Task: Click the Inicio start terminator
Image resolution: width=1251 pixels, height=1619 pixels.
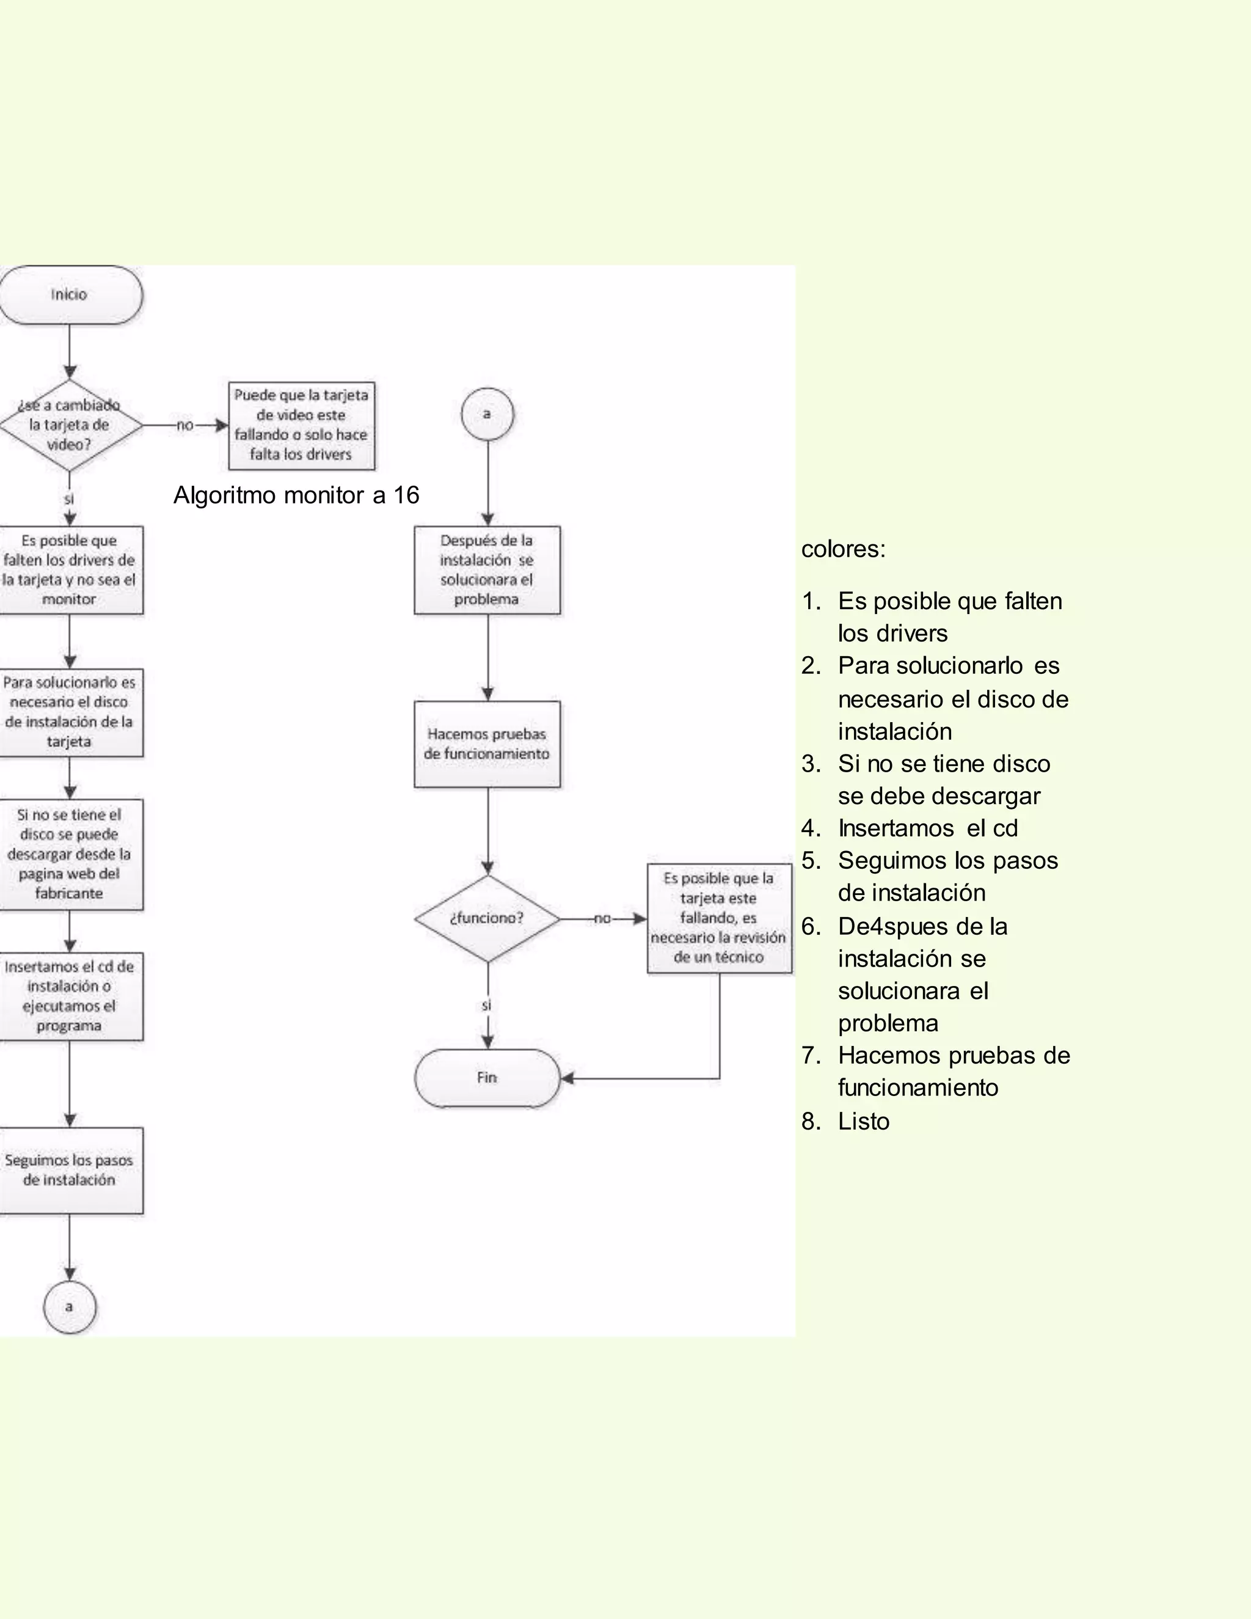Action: (70, 295)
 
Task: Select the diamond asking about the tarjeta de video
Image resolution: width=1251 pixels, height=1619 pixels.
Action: (70, 425)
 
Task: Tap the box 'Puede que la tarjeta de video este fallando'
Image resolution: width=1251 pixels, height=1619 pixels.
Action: (301, 425)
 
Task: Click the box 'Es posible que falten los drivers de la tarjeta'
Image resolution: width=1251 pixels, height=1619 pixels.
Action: (70, 569)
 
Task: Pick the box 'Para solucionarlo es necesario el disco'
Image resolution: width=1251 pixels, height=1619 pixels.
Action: (70, 712)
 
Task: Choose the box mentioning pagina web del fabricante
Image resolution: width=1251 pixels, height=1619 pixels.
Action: (70, 854)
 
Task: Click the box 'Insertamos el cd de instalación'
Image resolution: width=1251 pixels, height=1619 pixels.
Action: (70, 996)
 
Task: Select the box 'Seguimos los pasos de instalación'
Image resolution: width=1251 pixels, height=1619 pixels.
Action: (70, 1170)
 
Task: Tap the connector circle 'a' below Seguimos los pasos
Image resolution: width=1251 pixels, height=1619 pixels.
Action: (70, 1307)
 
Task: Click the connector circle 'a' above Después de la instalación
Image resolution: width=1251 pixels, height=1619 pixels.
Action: (487, 414)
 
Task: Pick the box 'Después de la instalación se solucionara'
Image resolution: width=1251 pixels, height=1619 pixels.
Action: (487, 569)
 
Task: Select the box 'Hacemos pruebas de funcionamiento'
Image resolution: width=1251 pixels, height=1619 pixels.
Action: (487, 744)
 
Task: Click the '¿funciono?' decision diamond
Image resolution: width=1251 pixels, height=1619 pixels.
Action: (487, 918)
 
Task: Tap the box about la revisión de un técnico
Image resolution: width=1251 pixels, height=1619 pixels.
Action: (719, 918)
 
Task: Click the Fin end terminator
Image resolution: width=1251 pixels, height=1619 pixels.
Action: (487, 1078)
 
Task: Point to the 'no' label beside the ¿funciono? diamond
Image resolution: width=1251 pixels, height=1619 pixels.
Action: (602, 918)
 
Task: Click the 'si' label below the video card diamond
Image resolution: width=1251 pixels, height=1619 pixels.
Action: (69, 500)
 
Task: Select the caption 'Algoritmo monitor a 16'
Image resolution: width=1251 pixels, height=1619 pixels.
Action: (296, 495)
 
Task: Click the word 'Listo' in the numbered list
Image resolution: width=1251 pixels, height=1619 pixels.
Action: (863, 1122)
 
